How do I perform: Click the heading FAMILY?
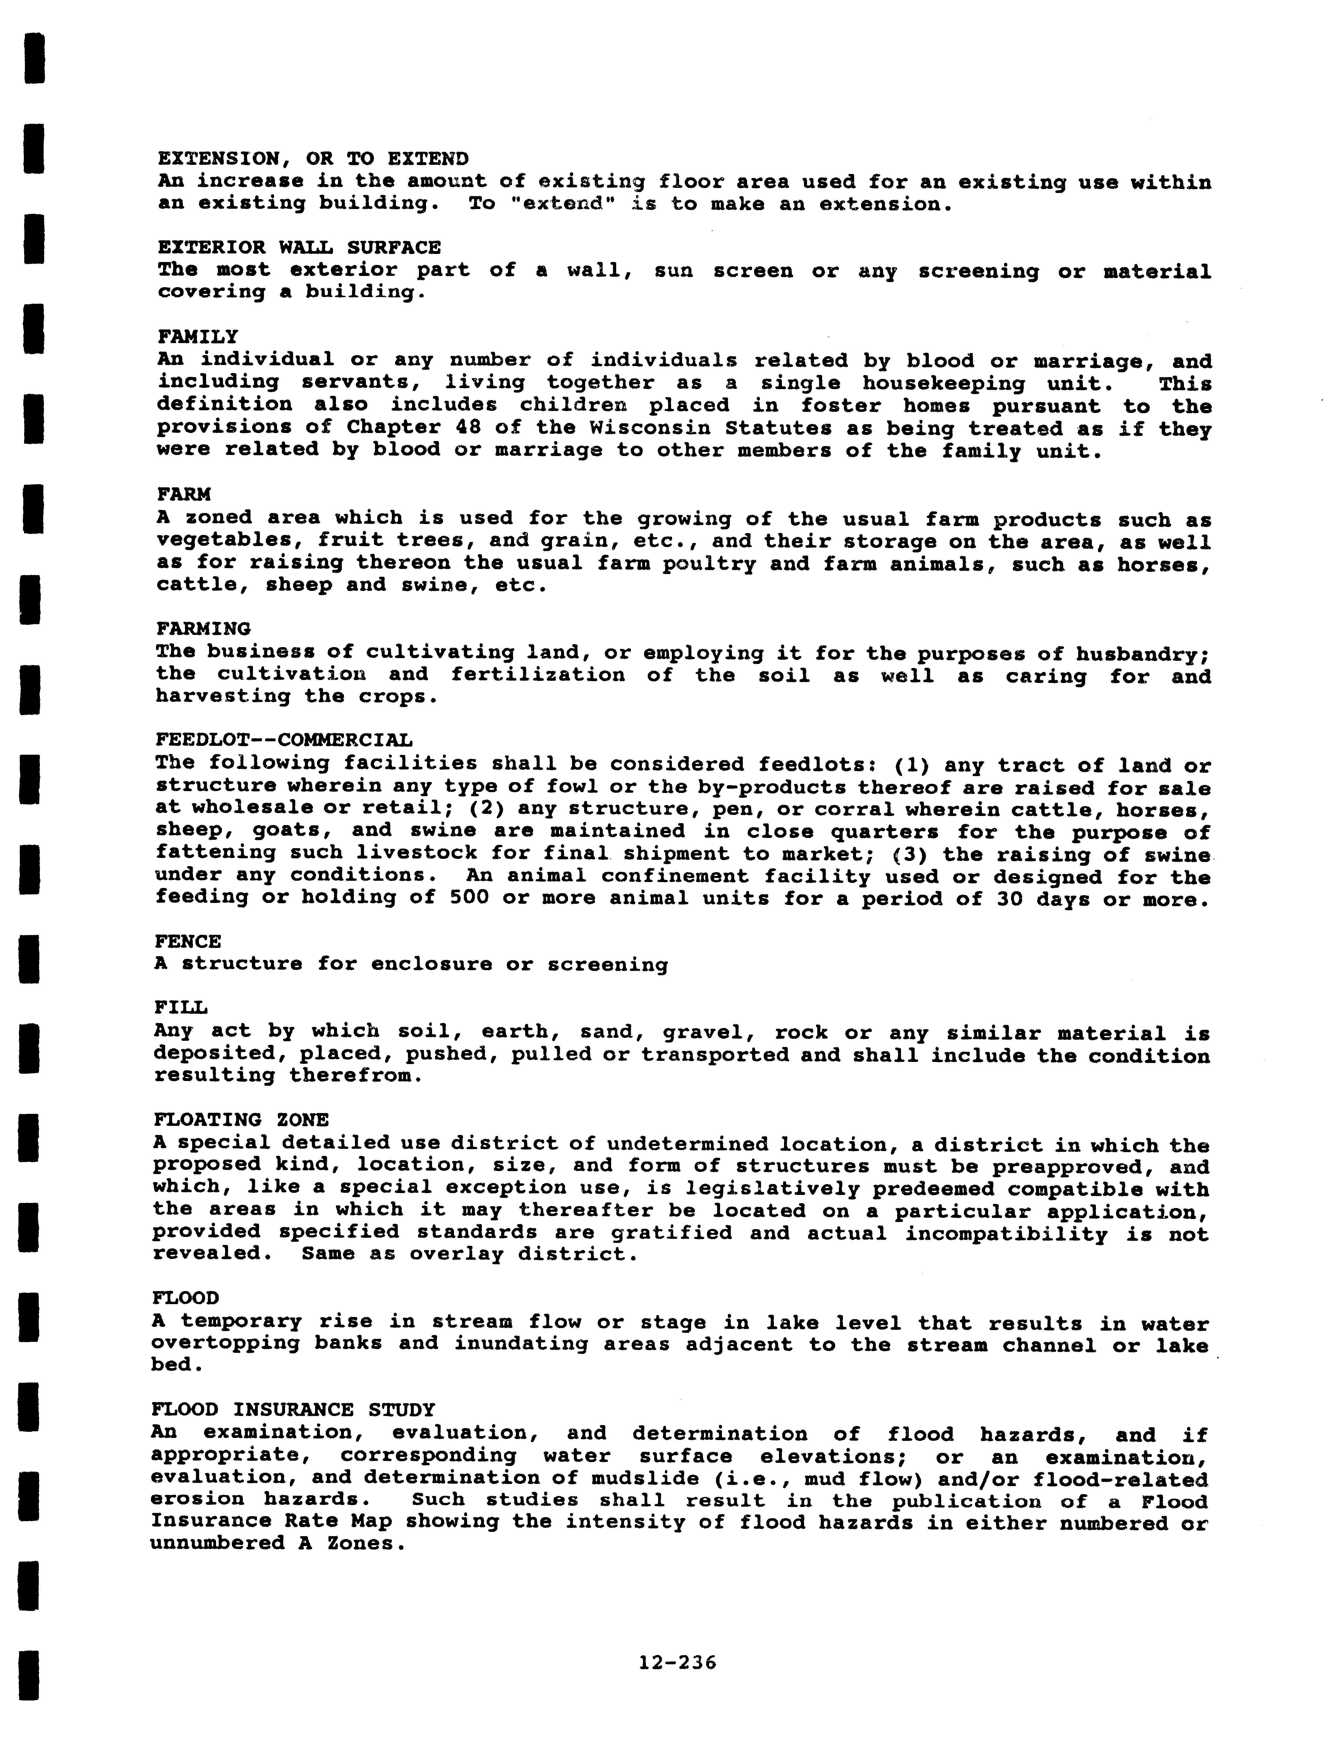tap(198, 337)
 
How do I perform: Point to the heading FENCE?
tap(188, 942)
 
